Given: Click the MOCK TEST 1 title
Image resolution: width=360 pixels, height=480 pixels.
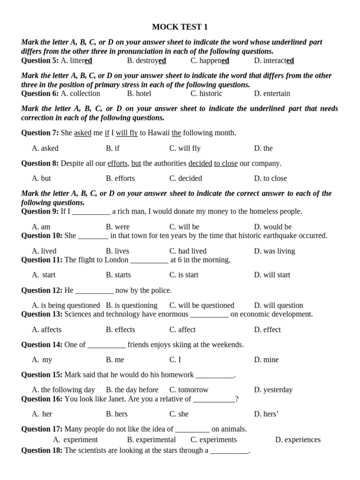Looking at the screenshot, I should click(x=180, y=27).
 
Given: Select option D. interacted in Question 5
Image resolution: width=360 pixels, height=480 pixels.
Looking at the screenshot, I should click(x=274, y=60).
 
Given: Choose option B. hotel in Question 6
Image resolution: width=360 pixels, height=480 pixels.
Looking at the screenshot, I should click(x=139, y=93).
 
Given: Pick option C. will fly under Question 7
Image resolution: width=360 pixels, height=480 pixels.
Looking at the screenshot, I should click(x=185, y=148).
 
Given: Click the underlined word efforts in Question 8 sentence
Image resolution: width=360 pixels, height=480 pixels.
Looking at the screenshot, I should click(x=117, y=163).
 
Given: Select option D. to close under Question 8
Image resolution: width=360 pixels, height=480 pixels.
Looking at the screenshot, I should click(x=270, y=178).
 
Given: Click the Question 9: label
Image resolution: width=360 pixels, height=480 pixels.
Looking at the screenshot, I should click(x=40, y=211).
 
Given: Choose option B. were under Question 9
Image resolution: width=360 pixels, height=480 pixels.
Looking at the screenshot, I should click(x=118, y=227).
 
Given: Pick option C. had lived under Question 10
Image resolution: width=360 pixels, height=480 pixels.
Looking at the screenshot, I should click(x=187, y=251).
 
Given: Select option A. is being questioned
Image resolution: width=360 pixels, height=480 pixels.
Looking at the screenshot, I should click(x=66, y=305).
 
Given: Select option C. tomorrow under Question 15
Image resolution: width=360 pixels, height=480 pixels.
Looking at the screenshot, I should click(x=189, y=390).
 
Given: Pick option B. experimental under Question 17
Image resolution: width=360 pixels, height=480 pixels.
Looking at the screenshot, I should click(x=151, y=440).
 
